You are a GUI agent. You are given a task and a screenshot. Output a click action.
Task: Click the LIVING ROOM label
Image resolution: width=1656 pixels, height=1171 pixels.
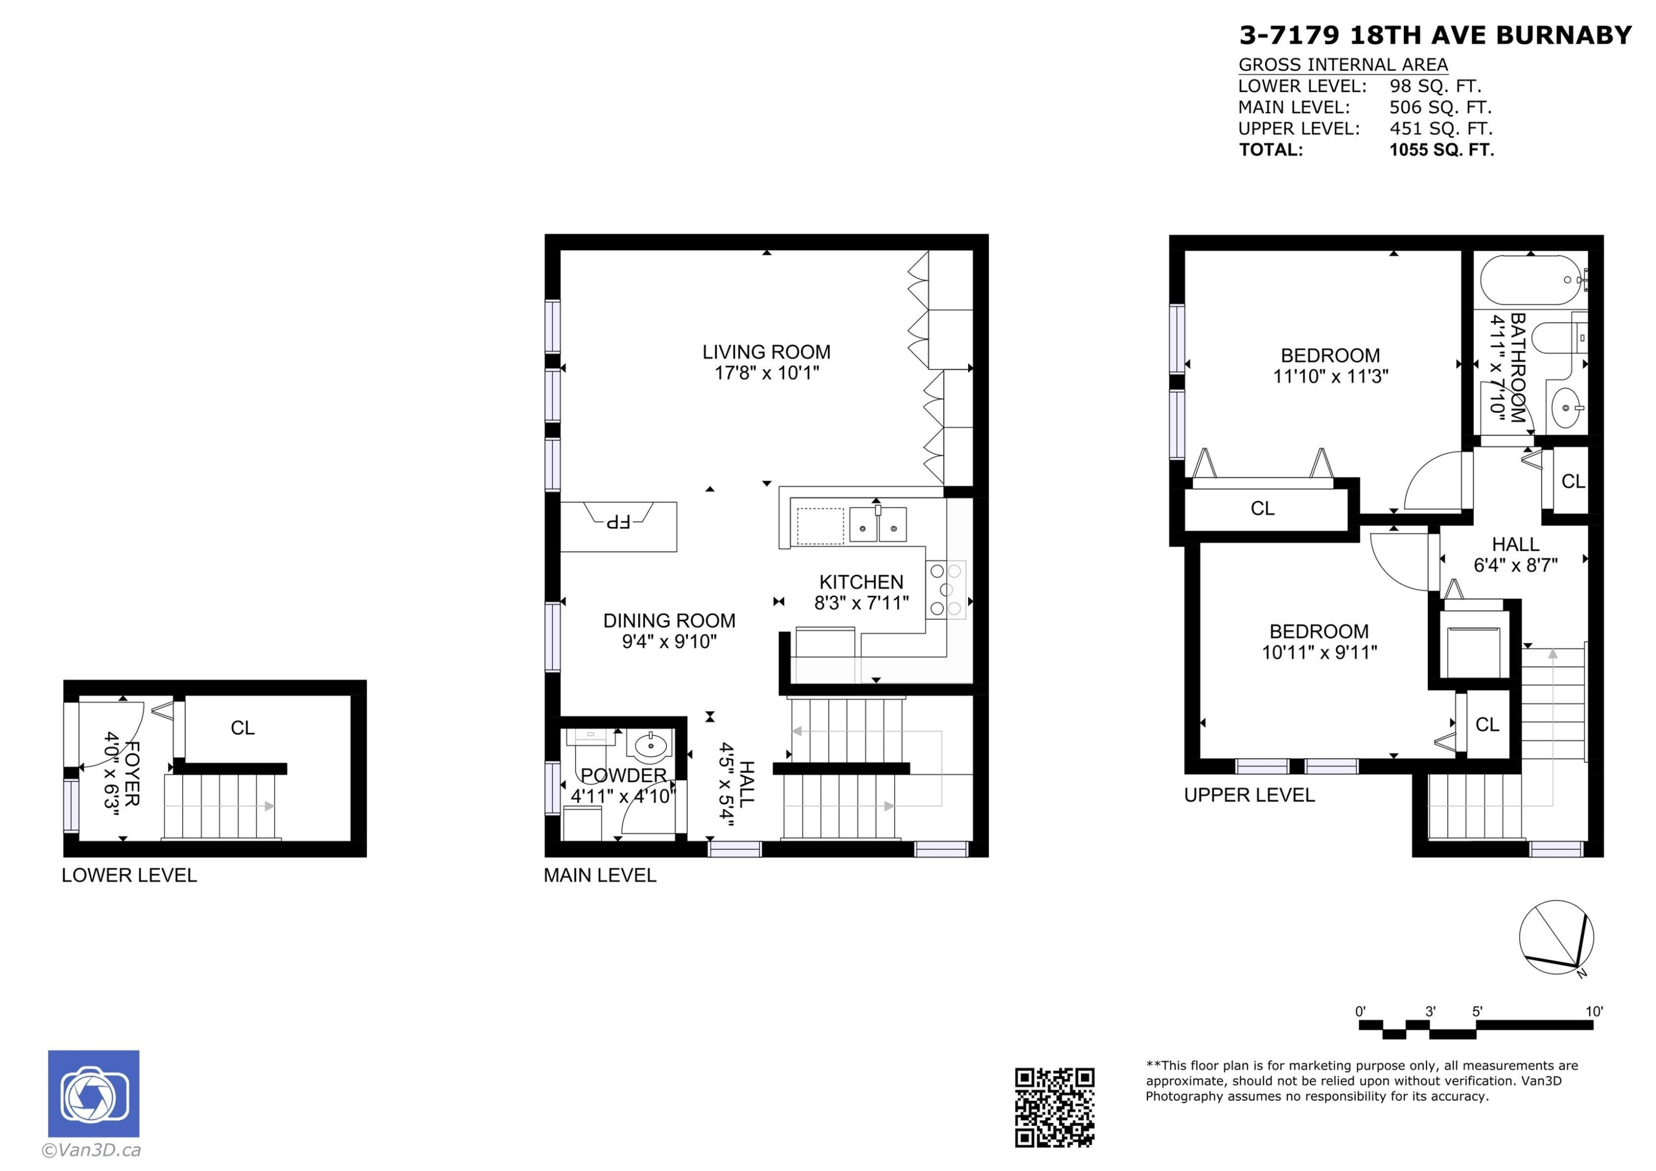[766, 352]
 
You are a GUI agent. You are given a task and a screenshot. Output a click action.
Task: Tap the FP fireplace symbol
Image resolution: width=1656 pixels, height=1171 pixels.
[618, 520]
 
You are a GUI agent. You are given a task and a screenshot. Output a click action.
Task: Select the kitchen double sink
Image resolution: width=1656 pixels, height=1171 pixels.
[878, 524]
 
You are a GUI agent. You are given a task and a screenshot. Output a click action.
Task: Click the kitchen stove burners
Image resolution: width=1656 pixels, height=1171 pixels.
[946, 590]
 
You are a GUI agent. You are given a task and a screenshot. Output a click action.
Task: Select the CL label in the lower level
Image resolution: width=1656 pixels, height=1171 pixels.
[242, 728]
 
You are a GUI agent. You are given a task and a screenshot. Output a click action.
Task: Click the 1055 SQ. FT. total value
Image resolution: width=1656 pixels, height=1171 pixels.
[1441, 150]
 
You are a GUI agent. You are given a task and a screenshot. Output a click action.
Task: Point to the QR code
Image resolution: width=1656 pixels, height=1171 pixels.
[1054, 1108]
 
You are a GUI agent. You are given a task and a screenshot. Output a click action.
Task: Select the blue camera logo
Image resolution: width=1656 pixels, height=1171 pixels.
[94, 1093]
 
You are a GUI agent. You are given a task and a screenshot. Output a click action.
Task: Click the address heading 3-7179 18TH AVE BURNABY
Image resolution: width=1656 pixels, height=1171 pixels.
[1435, 35]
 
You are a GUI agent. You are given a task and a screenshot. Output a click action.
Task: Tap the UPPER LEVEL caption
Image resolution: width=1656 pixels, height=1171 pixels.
[1249, 795]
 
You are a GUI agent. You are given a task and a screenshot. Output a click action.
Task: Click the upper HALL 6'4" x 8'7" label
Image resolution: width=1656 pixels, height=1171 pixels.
[1515, 555]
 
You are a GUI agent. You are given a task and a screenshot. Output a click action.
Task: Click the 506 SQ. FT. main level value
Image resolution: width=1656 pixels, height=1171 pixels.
[1440, 108]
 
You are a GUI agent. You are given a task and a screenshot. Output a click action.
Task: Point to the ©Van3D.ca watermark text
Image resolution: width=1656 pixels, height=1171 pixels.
[92, 1151]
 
